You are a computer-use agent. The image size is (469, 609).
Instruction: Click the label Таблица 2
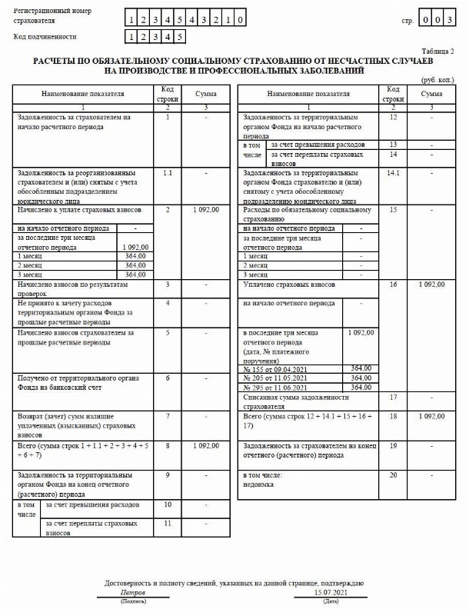441,50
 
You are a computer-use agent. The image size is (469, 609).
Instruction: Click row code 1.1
168,173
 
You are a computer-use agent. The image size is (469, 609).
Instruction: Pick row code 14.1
394,173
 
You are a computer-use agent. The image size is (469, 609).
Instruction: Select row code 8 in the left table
168,445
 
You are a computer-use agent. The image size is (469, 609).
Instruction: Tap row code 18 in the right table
394,416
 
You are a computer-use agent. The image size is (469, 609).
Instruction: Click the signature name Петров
133,593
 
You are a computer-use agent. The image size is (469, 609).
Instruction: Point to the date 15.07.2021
331,593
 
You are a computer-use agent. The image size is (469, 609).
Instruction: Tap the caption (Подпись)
133,601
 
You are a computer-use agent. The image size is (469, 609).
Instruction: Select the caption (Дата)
331,601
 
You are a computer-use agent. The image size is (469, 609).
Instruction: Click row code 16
394,285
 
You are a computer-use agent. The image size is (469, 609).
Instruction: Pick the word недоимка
259,484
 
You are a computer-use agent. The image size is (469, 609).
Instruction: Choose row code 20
394,475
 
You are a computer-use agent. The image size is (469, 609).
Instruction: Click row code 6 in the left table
168,379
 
